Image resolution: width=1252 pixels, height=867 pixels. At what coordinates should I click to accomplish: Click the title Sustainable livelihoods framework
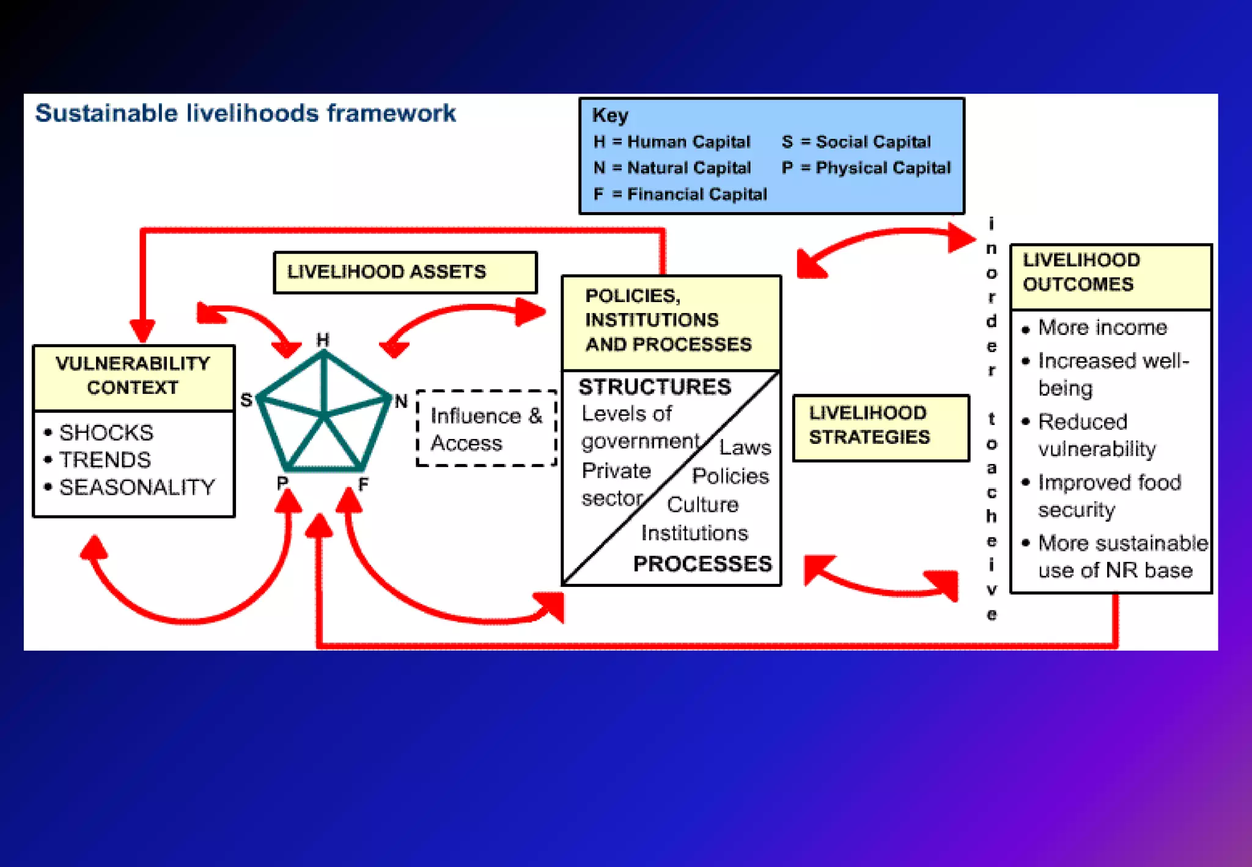click(x=245, y=114)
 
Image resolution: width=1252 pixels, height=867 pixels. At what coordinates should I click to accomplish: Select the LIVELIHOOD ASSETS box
click(x=405, y=272)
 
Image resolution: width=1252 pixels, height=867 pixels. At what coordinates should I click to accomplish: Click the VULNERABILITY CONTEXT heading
click(x=133, y=375)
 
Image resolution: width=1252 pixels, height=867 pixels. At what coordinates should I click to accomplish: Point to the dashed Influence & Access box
click(x=486, y=429)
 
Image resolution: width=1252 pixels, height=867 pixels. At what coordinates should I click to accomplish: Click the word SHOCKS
click(x=106, y=433)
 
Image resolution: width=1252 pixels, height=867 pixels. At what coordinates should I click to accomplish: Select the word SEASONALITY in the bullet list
click(x=137, y=487)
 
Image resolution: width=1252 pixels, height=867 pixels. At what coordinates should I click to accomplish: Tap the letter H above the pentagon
click(x=323, y=340)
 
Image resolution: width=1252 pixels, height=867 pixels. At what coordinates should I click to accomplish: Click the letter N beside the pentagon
click(x=401, y=401)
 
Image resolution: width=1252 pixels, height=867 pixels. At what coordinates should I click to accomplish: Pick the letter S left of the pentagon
click(x=246, y=400)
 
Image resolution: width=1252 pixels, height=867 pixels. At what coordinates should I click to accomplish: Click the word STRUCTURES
click(x=654, y=387)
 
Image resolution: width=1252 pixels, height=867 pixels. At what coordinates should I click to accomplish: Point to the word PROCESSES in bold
click(x=702, y=564)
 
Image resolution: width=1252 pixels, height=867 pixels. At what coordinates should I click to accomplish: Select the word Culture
click(x=702, y=505)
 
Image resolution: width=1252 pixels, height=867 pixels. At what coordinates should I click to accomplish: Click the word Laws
click(x=745, y=448)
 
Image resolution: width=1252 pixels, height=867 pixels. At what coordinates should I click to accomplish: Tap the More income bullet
click(x=1102, y=328)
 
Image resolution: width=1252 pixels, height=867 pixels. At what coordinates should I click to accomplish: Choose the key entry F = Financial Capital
click(x=680, y=194)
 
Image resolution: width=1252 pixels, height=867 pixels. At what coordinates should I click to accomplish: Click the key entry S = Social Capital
click(x=856, y=142)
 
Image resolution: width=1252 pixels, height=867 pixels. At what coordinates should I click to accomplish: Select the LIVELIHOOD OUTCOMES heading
click(x=1081, y=272)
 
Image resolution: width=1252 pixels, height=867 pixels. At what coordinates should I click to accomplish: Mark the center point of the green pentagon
click(x=325, y=416)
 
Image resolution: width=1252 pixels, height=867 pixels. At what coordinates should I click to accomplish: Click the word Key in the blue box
click(x=609, y=115)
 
